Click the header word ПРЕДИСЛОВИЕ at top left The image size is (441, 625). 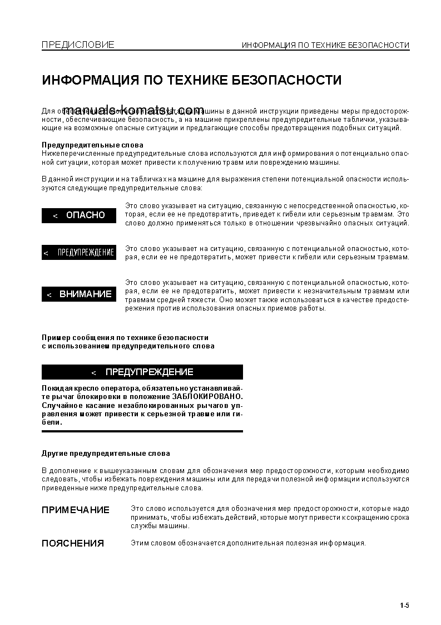[78, 45]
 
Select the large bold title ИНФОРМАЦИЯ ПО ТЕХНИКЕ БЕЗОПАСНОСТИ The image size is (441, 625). [192, 80]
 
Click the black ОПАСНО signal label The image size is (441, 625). [79, 215]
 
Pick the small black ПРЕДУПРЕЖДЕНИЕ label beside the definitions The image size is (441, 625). [79, 253]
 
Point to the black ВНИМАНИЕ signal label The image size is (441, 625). [79, 294]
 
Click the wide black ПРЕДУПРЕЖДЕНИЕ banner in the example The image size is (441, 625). [142, 372]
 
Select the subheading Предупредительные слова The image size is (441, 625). [92, 145]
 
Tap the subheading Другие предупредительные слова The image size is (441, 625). [106, 454]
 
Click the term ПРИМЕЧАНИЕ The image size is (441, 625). [76, 510]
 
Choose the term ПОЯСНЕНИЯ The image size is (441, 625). [73, 543]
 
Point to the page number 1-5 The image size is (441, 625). [404, 606]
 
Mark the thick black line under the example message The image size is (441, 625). [142, 431]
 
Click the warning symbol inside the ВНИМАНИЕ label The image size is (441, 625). [49, 294]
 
